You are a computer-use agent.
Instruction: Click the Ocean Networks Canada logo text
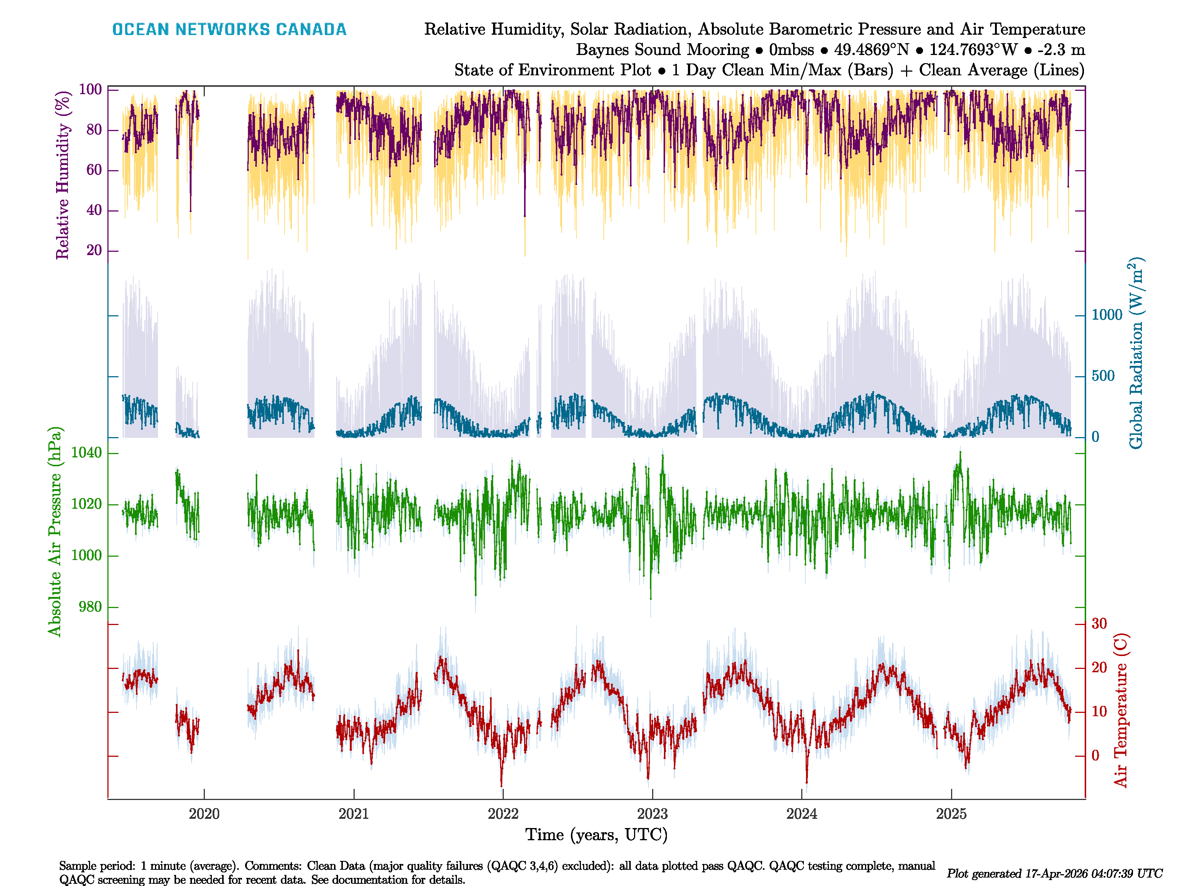229,30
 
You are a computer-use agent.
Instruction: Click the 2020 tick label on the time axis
204,814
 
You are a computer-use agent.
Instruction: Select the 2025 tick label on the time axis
951,814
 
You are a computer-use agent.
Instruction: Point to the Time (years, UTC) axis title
596,835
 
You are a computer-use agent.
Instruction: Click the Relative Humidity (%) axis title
63,175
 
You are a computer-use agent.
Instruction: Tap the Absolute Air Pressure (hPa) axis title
55,531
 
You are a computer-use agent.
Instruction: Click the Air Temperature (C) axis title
1121,710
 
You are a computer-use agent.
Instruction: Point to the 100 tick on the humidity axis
90,89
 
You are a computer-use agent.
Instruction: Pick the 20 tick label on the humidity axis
94,250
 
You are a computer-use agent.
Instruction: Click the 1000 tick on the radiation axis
1107,315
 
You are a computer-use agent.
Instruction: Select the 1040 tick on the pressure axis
86,453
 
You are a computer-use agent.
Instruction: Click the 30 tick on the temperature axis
1099,624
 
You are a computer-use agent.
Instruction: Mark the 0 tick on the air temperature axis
1095,756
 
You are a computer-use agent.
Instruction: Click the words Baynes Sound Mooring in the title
662,50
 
